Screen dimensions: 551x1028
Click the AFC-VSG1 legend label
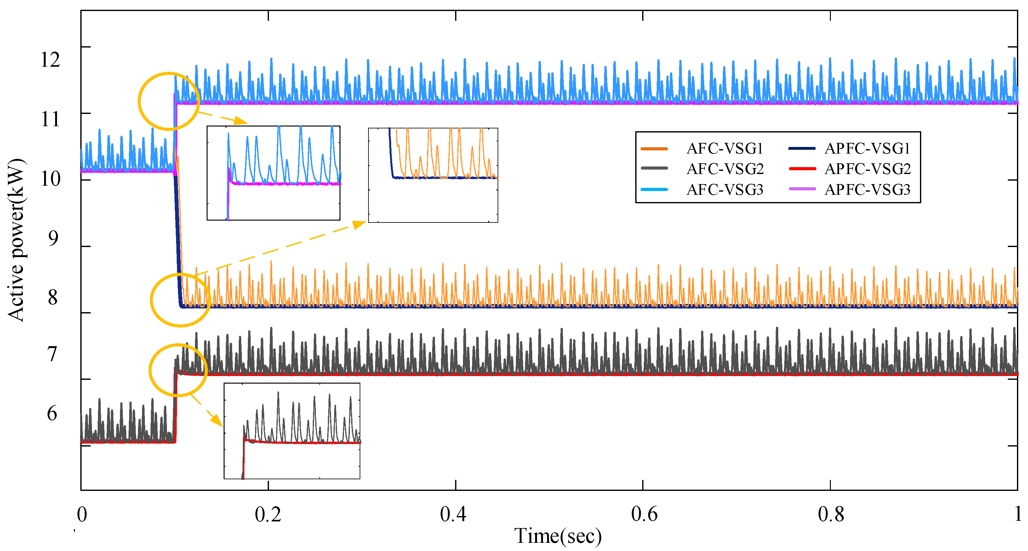[724, 149]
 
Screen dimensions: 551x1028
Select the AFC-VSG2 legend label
[725, 169]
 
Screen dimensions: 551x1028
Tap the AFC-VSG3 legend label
[725, 190]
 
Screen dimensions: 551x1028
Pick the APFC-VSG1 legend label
[867, 149]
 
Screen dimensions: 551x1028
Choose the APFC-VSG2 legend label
[867, 169]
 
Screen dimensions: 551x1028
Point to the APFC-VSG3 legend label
[867, 190]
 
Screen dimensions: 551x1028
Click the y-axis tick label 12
[51, 60]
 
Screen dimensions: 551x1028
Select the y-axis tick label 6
[52, 413]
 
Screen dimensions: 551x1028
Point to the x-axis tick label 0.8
[831, 514]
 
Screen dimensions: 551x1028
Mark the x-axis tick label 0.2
[268, 514]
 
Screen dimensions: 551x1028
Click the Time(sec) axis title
[557, 536]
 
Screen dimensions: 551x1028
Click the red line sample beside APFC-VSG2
[802, 169]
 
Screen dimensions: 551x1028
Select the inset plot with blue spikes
[273, 173]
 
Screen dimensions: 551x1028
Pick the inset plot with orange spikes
[433, 175]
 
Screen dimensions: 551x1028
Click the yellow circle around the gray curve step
[178, 370]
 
